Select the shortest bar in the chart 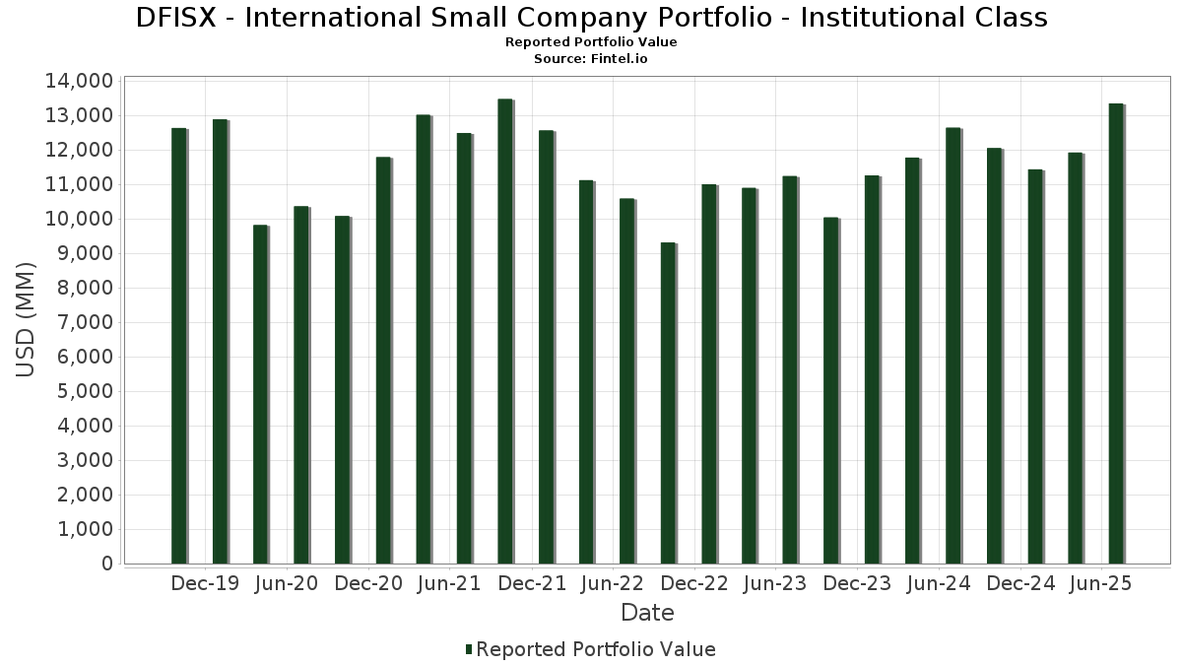click(668, 403)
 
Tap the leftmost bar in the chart click(178, 346)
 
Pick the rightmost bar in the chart click(1115, 334)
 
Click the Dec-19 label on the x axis click(205, 583)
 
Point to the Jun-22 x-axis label click(614, 583)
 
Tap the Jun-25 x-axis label click(1101, 583)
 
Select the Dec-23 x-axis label click(858, 583)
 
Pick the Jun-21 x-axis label click(449, 583)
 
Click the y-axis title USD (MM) click(27, 320)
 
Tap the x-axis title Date click(647, 613)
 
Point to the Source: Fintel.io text click(591, 59)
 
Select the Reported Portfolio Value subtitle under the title click(591, 42)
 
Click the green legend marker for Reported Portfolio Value click(469, 649)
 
